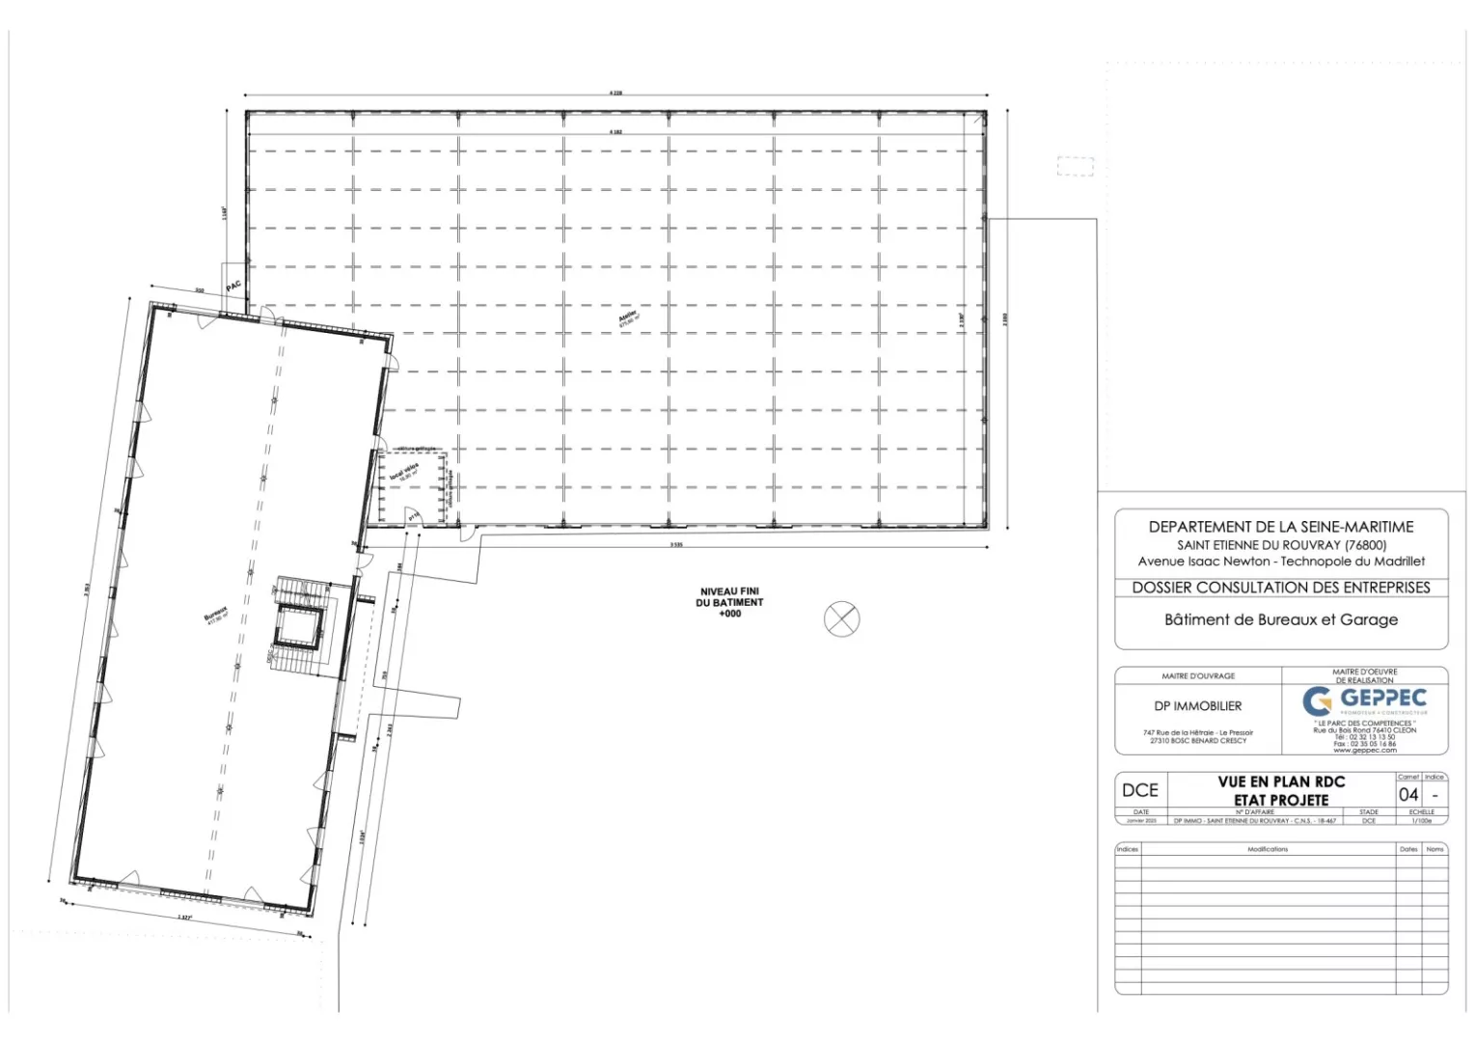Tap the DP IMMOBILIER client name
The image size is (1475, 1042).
coord(1197,706)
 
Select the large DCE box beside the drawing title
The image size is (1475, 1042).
coord(1139,790)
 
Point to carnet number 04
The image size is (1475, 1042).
coord(1408,795)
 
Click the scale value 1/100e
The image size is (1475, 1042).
coord(1421,821)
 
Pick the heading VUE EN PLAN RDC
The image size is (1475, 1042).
coord(1280,781)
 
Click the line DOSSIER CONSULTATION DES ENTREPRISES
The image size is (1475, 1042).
coord(1280,588)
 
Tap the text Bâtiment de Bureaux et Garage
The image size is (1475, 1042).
coord(1280,620)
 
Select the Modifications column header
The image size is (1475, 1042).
coord(1267,849)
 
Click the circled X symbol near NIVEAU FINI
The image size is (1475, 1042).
coord(841,618)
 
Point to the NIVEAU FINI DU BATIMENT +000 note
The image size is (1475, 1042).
coord(730,602)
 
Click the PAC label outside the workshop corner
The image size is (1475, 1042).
coord(233,287)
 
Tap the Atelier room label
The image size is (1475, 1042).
coord(628,317)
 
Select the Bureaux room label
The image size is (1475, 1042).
coord(216,615)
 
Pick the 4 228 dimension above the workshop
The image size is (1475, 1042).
coord(615,93)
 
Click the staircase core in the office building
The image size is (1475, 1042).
coord(298,626)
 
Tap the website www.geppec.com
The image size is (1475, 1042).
coord(1364,751)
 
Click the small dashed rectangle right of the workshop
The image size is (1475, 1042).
coord(1075,166)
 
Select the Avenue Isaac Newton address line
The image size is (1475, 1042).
coord(1280,562)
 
